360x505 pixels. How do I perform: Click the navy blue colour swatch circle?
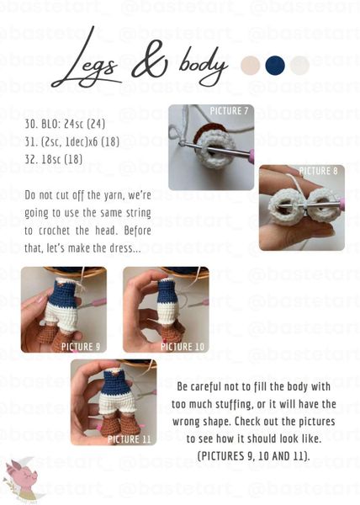[x=275, y=66]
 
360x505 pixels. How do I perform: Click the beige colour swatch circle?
[x=251, y=66]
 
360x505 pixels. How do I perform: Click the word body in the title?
[x=204, y=66]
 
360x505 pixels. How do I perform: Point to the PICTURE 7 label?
[x=229, y=111]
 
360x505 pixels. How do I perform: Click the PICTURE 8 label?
[x=319, y=171]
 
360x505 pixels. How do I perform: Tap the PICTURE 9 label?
[x=81, y=347]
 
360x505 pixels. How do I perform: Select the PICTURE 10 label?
[x=183, y=347]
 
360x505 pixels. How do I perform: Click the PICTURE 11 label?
[x=130, y=439]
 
